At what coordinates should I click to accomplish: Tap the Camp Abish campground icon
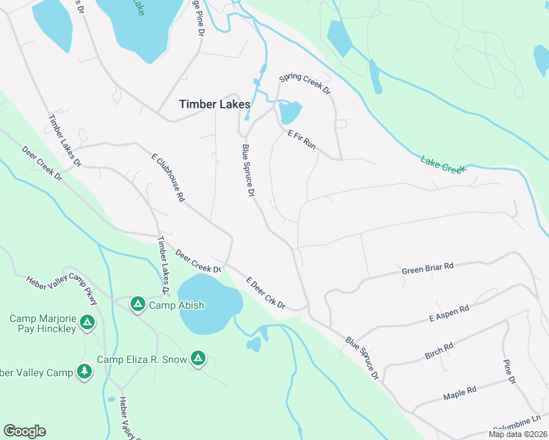[137, 304]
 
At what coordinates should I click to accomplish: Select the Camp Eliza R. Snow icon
[197, 359]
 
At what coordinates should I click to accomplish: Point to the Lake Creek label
[443, 164]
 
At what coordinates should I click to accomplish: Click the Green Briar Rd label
[428, 269]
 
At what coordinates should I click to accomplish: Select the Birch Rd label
[439, 351]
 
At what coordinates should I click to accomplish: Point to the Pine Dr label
[509, 371]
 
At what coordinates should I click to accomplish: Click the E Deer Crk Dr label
[266, 293]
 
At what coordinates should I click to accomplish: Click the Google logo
[24, 431]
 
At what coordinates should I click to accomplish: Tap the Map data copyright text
[517, 434]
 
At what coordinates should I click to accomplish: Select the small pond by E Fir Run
[290, 112]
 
